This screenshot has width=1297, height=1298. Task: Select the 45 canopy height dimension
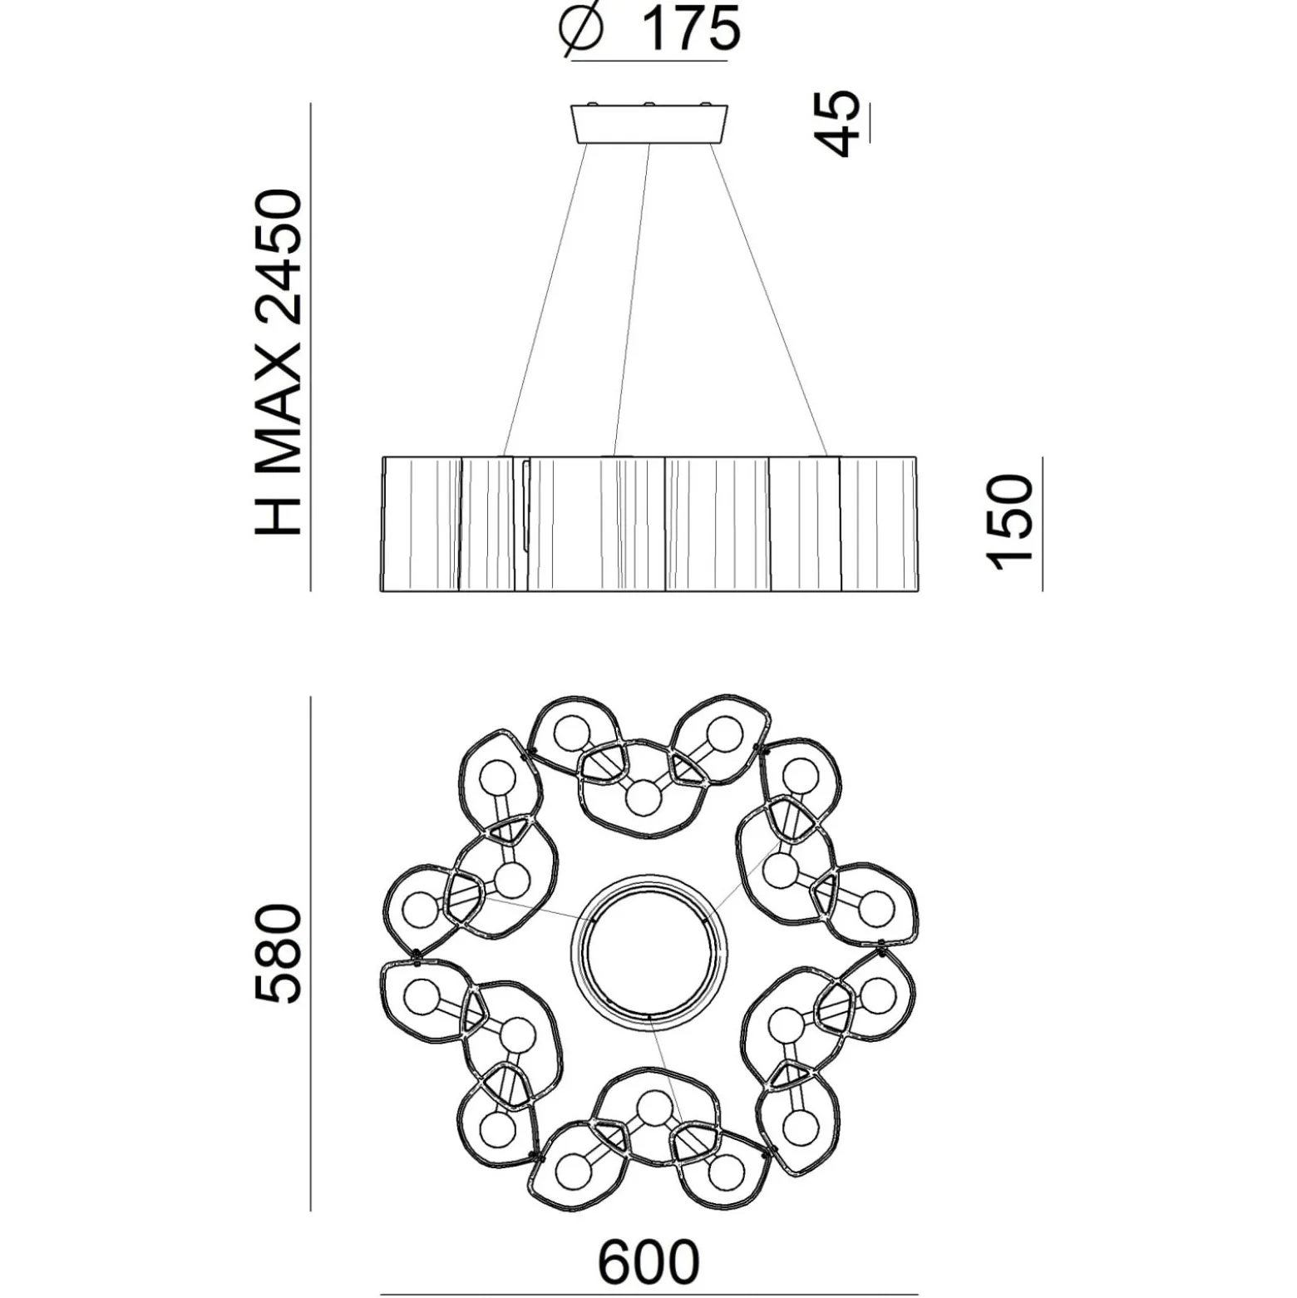pyautogui.click(x=836, y=123)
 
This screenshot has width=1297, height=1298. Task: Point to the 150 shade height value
pyautogui.click(x=1009, y=522)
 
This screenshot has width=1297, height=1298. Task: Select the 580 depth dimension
pyautogui.click(x=277, y=953)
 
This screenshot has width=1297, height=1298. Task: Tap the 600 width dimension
pyautogui.click(x=648, y=1262)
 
